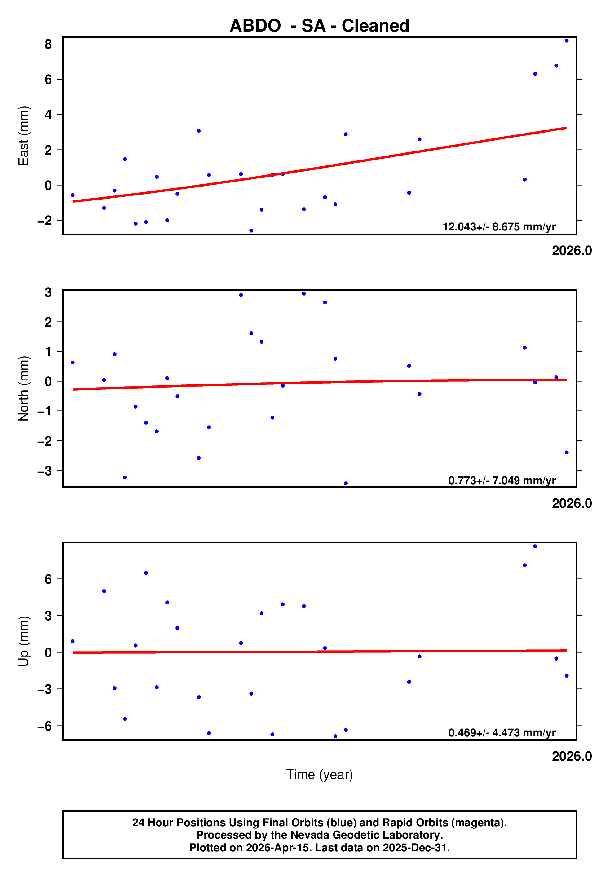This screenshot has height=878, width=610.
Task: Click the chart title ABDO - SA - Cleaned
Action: (319, 26)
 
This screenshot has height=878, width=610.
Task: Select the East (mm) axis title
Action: (24, 136)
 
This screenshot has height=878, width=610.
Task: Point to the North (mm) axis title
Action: (24, 389)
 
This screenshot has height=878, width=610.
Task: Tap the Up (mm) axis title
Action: (24, 641)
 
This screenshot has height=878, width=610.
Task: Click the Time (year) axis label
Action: (319, 775)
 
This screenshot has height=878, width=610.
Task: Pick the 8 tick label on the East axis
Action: (48, 44)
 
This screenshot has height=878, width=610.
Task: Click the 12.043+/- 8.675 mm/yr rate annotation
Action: (499, 227)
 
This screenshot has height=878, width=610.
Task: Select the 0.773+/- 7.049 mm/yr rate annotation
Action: (502, 480)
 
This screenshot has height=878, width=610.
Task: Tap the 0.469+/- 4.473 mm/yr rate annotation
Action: (502, 732)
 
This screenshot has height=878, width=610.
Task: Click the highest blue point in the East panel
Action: (566, 41)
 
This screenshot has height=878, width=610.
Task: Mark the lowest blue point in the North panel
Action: (346, 484)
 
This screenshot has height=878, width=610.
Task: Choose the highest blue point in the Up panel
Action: (535, 547)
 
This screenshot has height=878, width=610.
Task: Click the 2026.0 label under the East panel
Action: (572, 251)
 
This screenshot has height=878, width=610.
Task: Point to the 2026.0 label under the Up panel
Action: (572, 756)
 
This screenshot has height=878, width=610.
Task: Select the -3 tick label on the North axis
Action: (44, 471)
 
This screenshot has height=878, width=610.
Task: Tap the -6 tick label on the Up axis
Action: (44, 726)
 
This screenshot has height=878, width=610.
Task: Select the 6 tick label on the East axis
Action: (48, 79)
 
